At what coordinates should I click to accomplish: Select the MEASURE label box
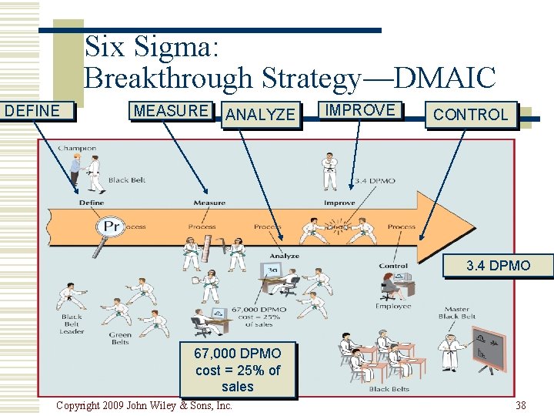click(170, 111)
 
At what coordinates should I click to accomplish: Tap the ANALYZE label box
click(261, 115)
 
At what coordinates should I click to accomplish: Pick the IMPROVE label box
click(360, 110)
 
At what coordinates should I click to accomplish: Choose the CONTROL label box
click(470, 115)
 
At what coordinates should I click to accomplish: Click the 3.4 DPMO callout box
click(498, 266)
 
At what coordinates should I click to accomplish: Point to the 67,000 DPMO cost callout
click(238, 370)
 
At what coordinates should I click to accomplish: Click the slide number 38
click(521, 405)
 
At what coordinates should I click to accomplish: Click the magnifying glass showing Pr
click(111, 226)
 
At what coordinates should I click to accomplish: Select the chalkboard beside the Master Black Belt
click(487, 349)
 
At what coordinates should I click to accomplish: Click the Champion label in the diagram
click(77, 148)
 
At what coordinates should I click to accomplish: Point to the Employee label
click(393, 307)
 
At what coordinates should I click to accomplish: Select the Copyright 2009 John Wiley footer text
click(145, 405)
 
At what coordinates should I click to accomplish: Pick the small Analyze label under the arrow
click(284, 256)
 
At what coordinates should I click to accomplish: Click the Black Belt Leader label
click(72, 324)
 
